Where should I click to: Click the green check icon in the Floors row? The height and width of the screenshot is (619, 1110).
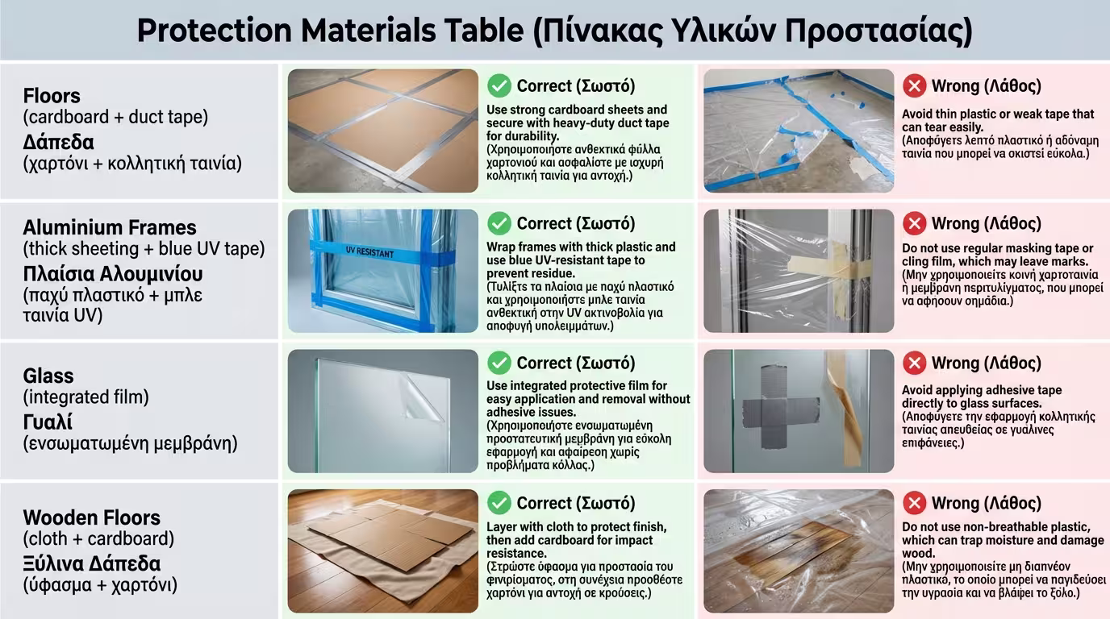(499, 86)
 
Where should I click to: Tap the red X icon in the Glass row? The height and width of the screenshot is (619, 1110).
(914, 363)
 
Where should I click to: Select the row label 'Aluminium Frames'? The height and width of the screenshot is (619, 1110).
(110, 227)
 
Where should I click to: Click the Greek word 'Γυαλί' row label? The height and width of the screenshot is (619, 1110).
(48, 422)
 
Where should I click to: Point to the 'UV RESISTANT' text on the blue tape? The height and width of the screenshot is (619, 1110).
(369, 252)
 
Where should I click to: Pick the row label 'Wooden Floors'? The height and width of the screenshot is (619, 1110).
(92, 517)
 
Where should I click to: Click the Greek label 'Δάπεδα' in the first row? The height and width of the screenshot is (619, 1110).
(58, 143)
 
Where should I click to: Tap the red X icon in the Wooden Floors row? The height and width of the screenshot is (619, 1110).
(914, 503)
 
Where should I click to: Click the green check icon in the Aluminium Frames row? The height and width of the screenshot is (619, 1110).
(499, 224)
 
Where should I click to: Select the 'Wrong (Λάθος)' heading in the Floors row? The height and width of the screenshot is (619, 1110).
(986, 86)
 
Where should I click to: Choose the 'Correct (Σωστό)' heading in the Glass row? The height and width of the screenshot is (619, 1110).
(576, 363)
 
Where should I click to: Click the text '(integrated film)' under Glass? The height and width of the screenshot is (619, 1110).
(86, 397)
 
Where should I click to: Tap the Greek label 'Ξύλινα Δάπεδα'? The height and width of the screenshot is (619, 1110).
(92, 564)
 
